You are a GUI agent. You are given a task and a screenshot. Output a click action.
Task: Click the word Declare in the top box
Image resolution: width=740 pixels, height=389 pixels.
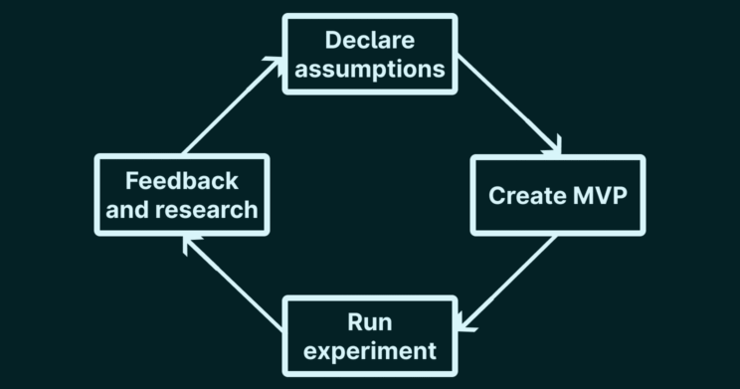click(370, 41)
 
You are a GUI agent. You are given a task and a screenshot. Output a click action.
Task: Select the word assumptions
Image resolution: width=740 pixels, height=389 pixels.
click(370, 70)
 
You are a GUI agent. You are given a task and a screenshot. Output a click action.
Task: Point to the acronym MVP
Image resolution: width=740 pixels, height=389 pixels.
click(600, 195)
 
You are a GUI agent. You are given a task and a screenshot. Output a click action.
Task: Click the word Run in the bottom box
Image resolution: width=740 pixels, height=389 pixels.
click(370, 321)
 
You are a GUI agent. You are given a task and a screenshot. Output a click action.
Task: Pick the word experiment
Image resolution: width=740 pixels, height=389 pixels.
click(370, 350)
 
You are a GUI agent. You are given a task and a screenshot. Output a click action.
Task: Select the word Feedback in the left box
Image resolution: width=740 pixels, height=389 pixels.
click(181, 181)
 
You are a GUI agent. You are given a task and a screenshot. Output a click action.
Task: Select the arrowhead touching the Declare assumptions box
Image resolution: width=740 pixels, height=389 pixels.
click(275, 64)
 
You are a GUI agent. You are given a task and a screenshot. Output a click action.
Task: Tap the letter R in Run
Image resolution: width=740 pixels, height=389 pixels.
click(355, 321)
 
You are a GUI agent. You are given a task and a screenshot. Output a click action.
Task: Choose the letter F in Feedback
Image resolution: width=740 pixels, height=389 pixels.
click(131, 181)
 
